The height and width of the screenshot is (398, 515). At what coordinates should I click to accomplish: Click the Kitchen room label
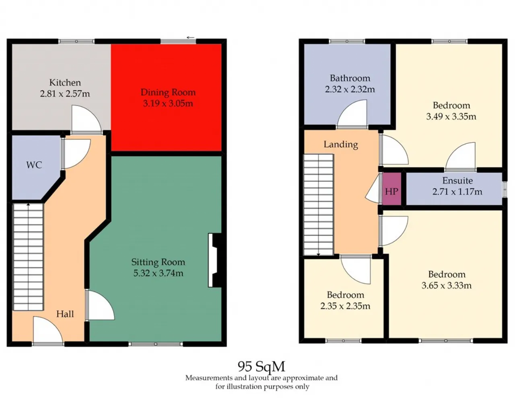pos(65,83)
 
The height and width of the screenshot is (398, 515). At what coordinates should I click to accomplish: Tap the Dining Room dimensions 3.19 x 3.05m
pos(168,103)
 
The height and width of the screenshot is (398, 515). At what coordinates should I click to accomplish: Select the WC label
pos(34,165)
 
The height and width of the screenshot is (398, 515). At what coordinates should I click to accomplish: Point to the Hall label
pos(65,314)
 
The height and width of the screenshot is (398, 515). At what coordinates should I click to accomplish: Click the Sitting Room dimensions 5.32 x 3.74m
pos(158,273)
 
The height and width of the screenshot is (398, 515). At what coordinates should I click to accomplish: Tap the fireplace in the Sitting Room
pos(214,260)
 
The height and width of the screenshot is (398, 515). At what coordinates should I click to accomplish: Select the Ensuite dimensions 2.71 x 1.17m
pos(457,191)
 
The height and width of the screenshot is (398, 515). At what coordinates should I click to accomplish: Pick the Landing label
pos(341,144)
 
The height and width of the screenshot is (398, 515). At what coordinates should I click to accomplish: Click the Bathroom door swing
pos(352,114)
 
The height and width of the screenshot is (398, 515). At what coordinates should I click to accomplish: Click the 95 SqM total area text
pos(261,367)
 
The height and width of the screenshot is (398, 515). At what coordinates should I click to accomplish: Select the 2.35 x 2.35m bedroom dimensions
pos(345,306)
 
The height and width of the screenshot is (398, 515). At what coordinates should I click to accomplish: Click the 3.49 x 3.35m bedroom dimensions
pos(451,116)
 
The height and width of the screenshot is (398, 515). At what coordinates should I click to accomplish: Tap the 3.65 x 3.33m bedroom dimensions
pos(447,286)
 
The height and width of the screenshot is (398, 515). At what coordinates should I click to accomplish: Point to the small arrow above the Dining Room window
pos(190,37)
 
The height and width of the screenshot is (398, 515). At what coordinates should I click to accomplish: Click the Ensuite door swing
pos(461,157)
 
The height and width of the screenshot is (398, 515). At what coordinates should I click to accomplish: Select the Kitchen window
pos(76,41)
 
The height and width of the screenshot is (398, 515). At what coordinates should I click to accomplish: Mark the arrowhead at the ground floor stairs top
pos(28,204)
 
